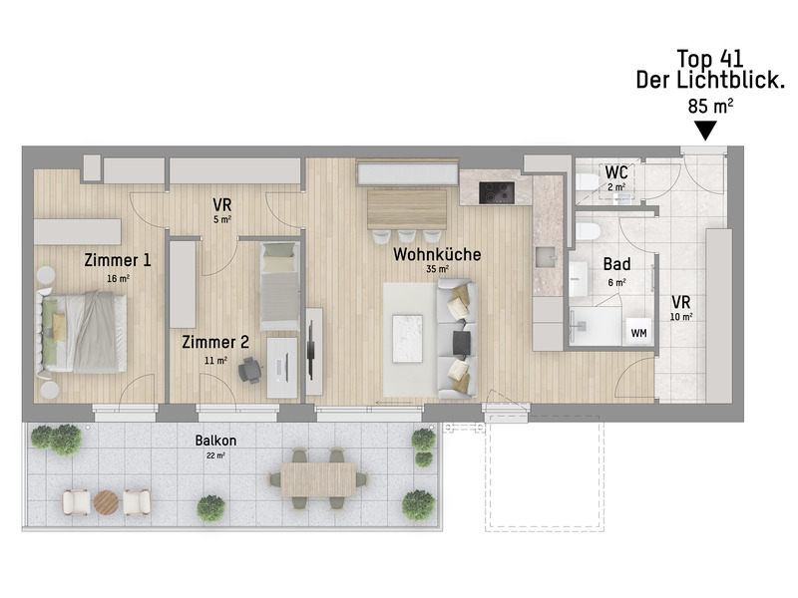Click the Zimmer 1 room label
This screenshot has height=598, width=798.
coord(118,261)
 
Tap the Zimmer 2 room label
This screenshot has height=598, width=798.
coord(215,342)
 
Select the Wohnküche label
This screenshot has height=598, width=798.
coord(437,255)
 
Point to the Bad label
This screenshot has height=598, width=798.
coord(616,265)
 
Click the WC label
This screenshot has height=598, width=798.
coord(616,170)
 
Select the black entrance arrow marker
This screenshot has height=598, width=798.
coord(706,131)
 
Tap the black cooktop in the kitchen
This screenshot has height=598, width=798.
coord(495,191)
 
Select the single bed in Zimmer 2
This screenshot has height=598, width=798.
coord(279,284)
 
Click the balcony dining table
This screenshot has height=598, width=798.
coord(318,480)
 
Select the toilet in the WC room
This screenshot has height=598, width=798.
coord(586,181)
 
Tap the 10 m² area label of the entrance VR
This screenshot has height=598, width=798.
coord(682,317)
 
